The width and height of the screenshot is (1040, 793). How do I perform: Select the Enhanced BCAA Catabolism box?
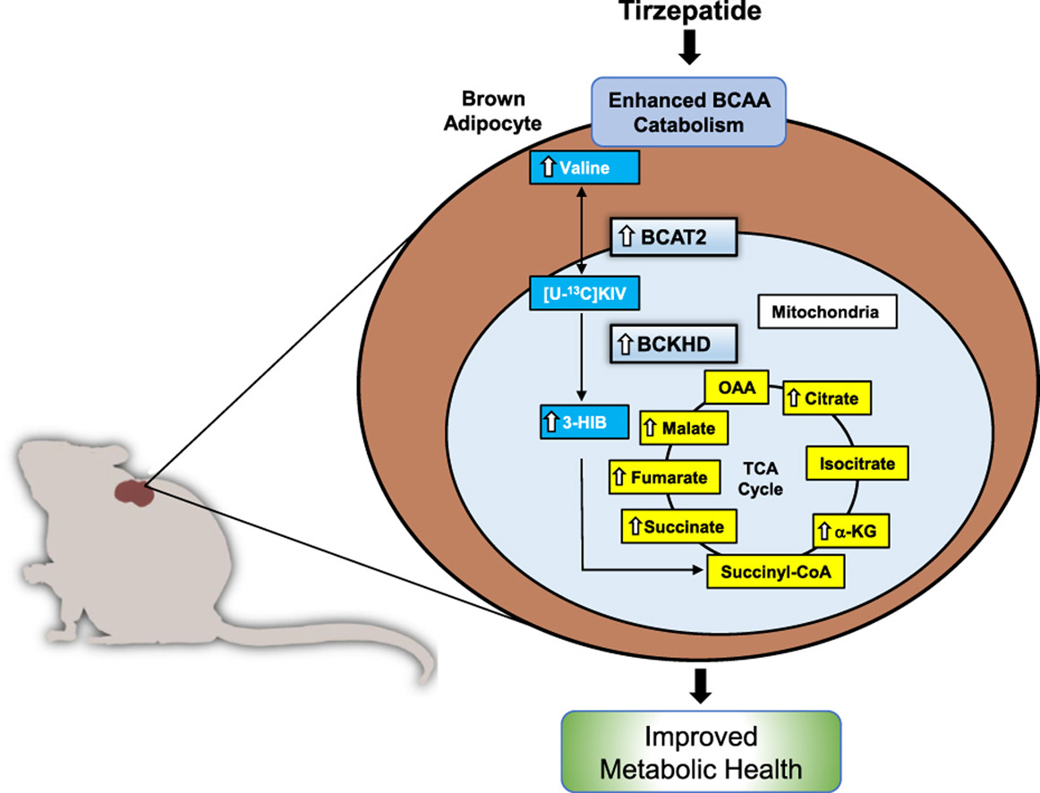(x=688, y=112)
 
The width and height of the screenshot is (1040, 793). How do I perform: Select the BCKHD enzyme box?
(x=677, y=343)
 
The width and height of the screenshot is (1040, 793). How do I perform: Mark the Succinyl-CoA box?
(x=776, y=571)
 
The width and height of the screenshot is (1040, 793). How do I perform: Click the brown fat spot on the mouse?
(x=132, y=493)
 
